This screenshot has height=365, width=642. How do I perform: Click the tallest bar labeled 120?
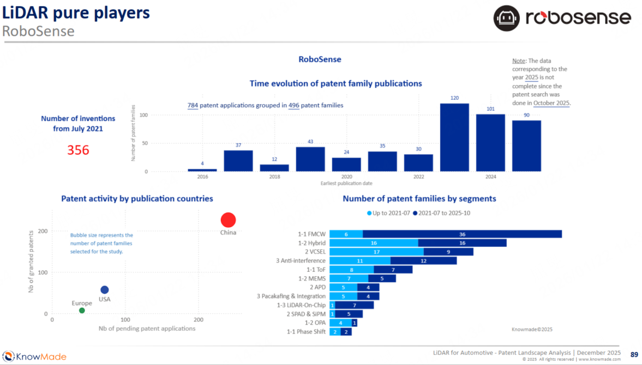point(454,137)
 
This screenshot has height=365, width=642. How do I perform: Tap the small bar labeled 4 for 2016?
point(202,170)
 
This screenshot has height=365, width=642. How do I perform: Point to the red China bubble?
point(228,220)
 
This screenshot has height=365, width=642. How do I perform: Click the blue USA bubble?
point(105,290)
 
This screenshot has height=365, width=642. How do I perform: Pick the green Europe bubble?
point(82,311)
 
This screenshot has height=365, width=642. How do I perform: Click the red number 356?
point(78,150)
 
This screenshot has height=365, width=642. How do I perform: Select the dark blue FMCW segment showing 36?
point(462,234)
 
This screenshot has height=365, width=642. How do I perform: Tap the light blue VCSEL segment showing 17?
point(376,252)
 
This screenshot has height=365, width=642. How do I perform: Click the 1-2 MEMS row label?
point(313,278)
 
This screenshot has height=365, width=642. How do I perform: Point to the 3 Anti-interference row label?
point(301,261)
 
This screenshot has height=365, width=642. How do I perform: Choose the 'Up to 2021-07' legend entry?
point(389,213)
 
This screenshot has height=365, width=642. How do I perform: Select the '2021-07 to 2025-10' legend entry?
point(441,213)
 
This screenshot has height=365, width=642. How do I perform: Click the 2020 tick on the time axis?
point(346,177)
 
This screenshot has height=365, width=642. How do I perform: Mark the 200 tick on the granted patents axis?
point(42,231)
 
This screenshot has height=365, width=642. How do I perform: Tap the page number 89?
point(634,355)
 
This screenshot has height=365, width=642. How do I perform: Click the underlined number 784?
point(193,105)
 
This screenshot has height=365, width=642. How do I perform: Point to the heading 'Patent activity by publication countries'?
point(137,199)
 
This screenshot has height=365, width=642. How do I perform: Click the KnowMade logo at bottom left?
point(34,357)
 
